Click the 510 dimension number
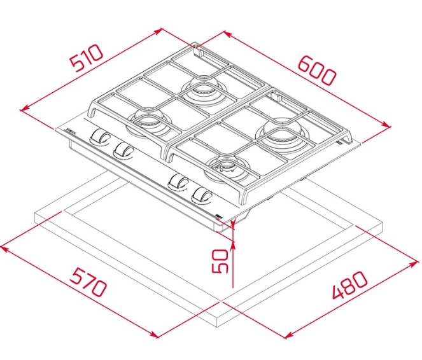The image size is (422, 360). click(87, 59)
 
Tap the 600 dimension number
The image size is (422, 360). click(317, 71)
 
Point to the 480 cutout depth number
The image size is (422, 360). click(350, 285)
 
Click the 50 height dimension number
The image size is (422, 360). click(220, 261)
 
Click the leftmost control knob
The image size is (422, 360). click(99, 137)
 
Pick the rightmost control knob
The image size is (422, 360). click(202, 195)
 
